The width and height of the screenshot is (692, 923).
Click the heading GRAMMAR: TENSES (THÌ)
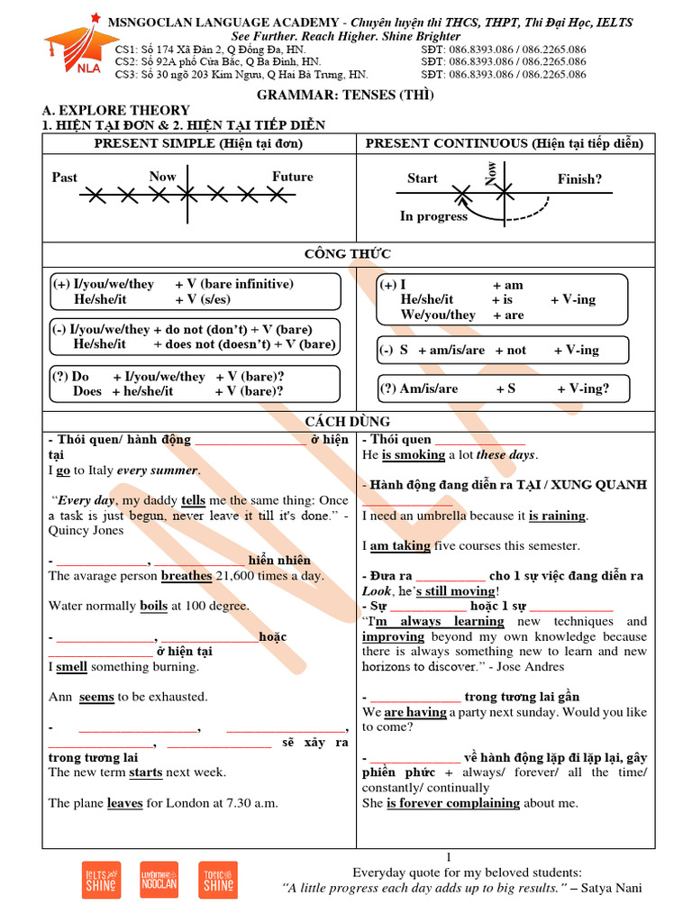[346, 96]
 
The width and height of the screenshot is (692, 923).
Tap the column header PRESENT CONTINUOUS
[505, 144]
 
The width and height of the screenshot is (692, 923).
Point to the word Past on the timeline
[65, 178]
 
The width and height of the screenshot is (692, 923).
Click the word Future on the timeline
[292, 177]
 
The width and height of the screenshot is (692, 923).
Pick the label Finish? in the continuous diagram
[579, 179]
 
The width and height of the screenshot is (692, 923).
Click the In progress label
[433, 216]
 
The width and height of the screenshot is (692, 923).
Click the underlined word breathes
[187, 576]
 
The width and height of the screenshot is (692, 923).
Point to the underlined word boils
[153, 607]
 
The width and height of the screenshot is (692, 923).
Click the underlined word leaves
[124, 803]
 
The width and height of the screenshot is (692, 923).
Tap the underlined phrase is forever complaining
[453, 803]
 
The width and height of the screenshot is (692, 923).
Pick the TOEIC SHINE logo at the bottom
[218, 881]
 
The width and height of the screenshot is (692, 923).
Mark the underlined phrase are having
[415, 712]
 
